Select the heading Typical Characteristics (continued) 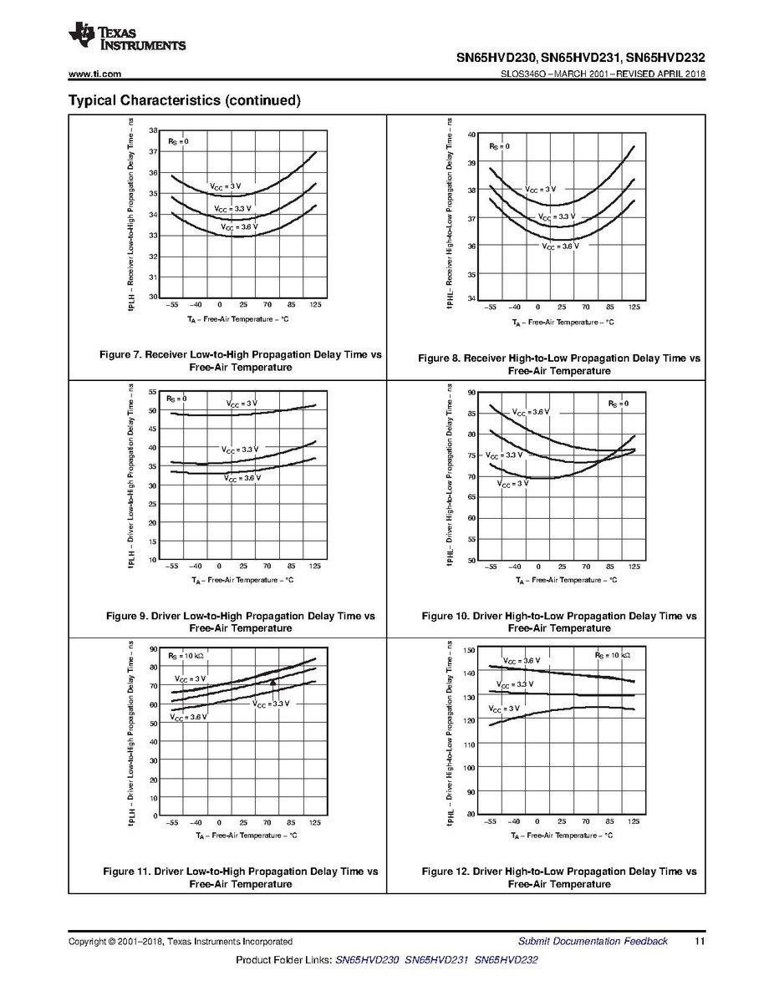tap(184, 100)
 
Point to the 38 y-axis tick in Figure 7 tap(153, 131)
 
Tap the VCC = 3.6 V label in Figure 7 tap(239, 227)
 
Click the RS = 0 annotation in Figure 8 tap(499, 147)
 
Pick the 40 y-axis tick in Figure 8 tap(471, 135)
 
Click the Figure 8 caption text tap(559, 364)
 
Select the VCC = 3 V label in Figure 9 tap(242, 404)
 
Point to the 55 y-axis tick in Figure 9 tap(153, 392)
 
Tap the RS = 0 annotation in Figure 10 tap(618, 404)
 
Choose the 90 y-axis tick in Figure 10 tap(471, 393)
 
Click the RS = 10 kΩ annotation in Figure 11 tap(186, 656)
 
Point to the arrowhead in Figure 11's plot tap(272, 682)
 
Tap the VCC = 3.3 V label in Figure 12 tap(515, 684)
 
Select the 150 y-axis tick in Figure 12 tap(469, 650)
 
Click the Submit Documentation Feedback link tap(593, 942)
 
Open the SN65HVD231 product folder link tap(436, 960)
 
